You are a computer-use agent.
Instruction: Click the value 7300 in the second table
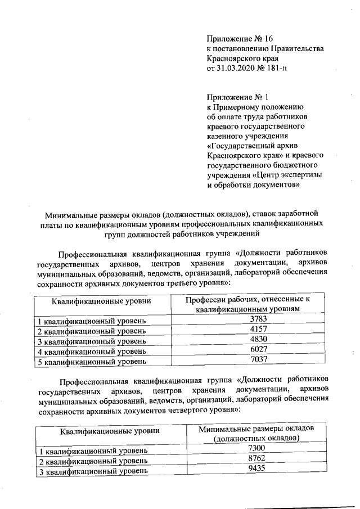click(256, 448)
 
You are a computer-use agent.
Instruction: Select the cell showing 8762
click(256, 458)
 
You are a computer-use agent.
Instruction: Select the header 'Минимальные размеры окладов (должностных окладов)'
click(256, 434)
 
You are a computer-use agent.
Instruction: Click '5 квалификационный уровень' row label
click(92, 362)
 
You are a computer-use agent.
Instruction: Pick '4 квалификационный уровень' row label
click(92, 352)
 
